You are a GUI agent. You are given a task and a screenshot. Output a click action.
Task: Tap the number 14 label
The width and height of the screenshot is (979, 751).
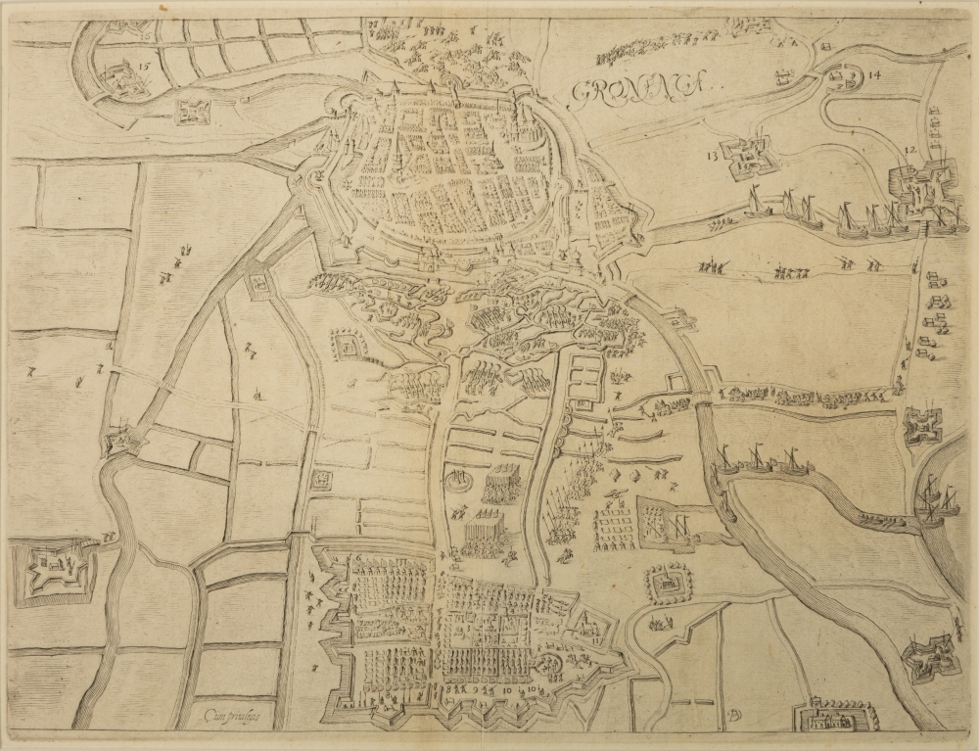click(874, 75)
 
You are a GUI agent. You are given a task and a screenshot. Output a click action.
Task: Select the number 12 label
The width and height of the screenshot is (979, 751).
click(910, 150)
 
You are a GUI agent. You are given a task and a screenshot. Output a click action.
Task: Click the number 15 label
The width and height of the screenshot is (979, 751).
click(145, 69)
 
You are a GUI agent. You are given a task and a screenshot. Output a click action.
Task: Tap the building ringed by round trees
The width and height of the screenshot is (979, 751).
click(668, 586)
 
